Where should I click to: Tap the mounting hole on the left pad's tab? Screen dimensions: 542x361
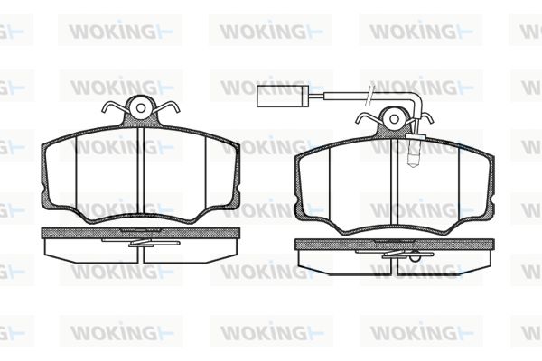point(141,108)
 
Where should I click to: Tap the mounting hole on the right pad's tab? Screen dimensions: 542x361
point(394,119)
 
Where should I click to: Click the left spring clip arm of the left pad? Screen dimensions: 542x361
point(114,107)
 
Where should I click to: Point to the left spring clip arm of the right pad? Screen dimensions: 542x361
point(368,118)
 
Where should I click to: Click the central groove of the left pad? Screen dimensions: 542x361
point(141,171)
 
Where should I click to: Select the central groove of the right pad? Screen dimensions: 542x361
point(395,181)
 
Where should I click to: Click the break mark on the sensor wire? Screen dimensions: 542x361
point(369,93)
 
